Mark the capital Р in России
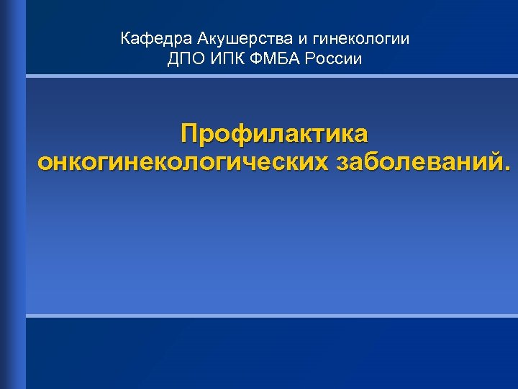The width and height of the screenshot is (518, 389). (x=309, y=59)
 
